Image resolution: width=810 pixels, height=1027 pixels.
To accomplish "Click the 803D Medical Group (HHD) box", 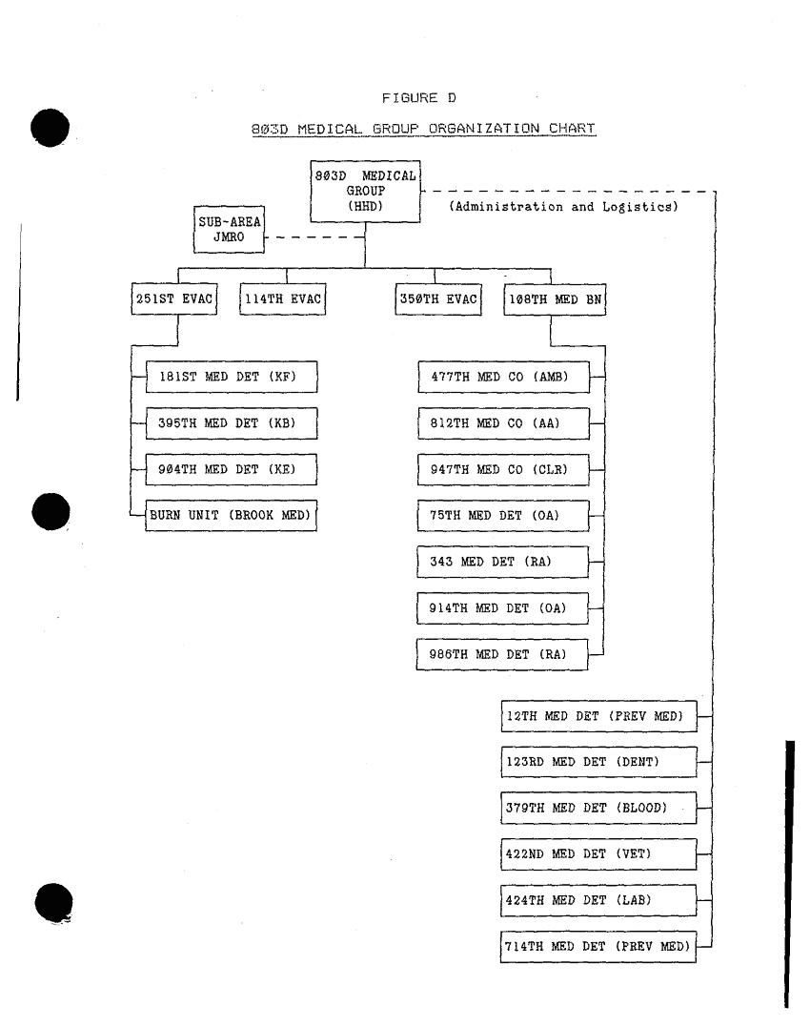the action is (365, 192).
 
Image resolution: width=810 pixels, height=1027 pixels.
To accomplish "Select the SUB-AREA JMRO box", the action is (229, 229).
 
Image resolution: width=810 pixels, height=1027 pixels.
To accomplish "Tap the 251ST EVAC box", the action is (174, 299).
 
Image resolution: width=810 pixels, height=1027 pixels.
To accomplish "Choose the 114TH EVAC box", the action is (283, 299).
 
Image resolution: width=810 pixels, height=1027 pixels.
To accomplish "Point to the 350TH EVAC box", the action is (438, 299).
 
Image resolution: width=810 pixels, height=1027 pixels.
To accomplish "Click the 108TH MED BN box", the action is (555, 299).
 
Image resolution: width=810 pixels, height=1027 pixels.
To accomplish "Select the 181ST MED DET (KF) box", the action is (232, 377).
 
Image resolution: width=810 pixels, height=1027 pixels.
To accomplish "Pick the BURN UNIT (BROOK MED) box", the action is (231, 516).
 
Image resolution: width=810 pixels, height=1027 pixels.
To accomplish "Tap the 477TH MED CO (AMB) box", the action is (504, 377).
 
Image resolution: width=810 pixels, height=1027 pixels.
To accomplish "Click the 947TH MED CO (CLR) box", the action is (503, 469).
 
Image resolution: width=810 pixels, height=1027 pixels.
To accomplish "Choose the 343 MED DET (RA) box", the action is (502, 562).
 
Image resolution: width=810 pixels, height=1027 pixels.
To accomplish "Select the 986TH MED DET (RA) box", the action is (502, 654).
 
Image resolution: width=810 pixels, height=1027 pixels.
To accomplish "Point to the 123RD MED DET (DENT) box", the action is (598, 762).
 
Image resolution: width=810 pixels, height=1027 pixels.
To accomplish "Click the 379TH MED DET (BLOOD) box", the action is (598, 809).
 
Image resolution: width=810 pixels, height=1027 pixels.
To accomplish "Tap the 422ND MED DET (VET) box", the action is (598, 854).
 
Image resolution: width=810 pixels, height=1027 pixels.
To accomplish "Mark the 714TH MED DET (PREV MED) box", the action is (598, 947).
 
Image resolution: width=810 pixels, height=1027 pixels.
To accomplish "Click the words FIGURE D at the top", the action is (419, 98).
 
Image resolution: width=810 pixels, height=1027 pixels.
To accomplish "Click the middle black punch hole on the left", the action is (51, 511).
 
